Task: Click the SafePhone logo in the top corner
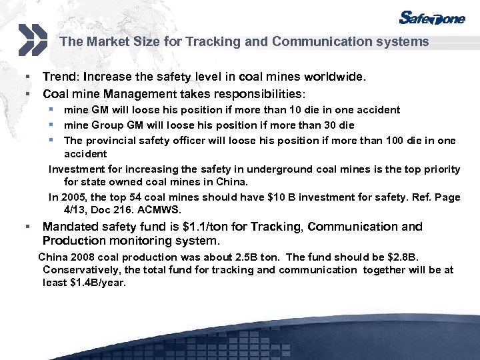(x=431, y=18)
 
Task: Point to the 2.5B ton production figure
(x=257, y=257)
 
